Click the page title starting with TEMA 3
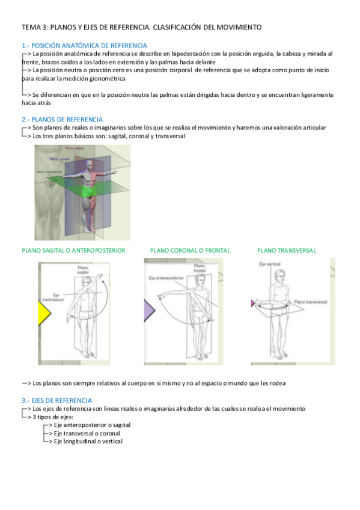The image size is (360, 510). tap(141, 28)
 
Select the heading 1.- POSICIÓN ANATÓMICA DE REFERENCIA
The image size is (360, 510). tap(84, 46)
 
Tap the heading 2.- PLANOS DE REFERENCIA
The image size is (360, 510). tap(62, 120)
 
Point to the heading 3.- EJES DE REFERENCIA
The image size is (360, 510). tap(56, 400)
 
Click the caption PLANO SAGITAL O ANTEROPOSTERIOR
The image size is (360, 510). tap(73, 250)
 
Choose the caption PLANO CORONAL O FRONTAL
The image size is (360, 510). tap(190, 250)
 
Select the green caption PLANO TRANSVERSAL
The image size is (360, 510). tap(286, 250)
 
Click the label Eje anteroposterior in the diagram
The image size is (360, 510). tap(165, 277)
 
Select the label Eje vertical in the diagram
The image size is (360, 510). tap(269, 264)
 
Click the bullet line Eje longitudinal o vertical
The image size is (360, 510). tap(88, 441)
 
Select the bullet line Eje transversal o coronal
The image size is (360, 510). tap(87, 433)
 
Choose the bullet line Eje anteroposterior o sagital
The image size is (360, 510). tap(92, 425)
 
